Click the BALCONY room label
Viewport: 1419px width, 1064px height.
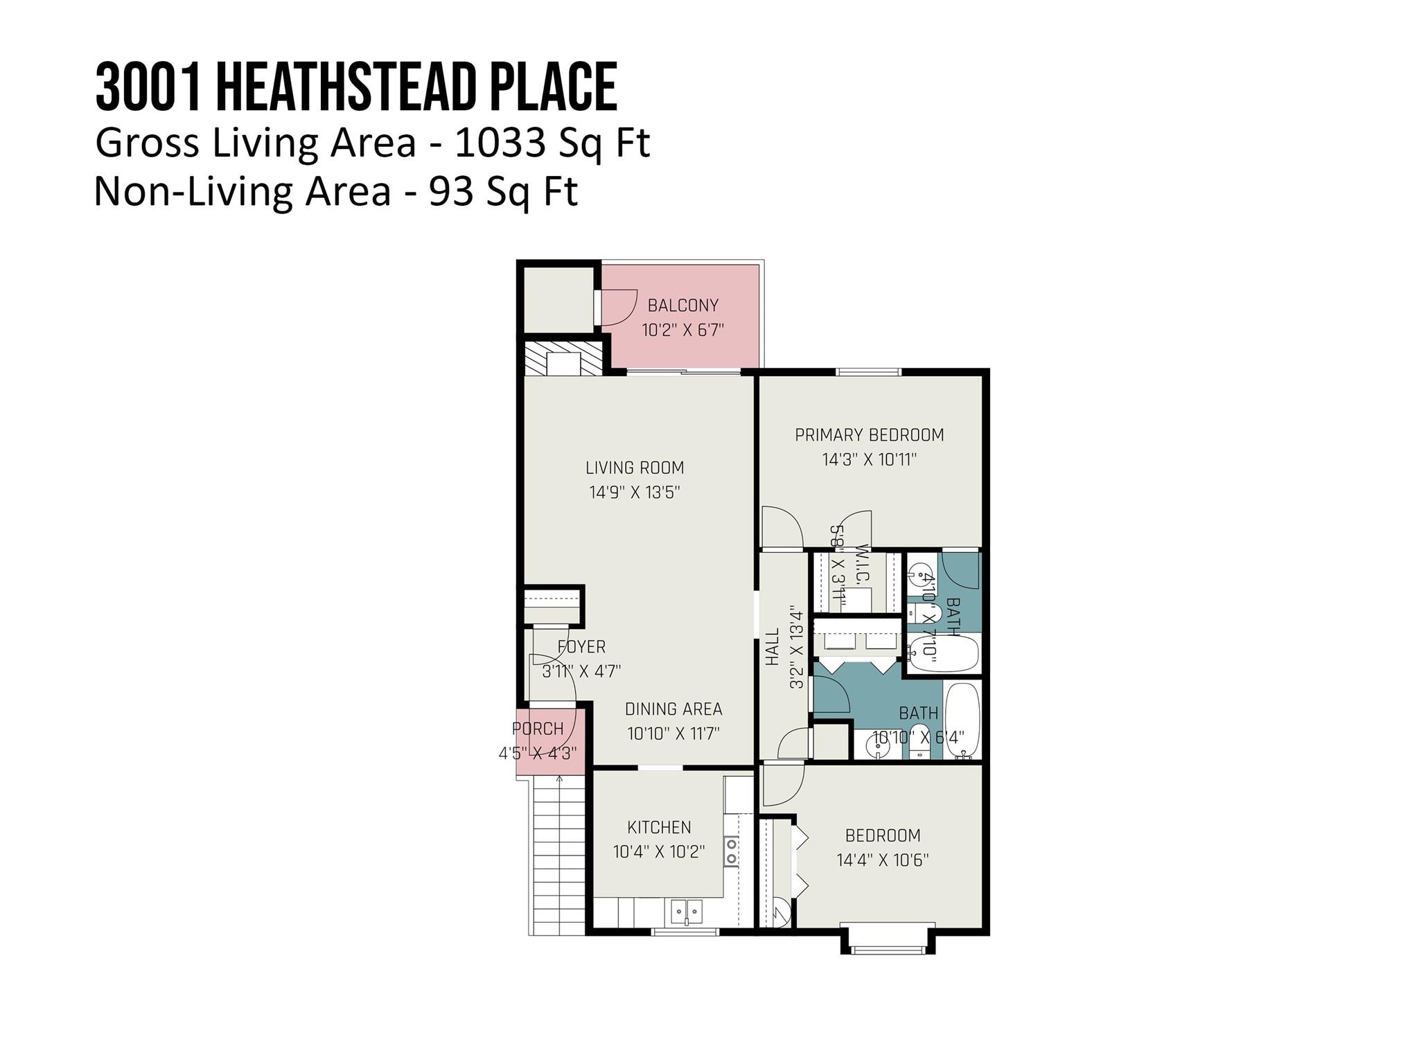click(682, 305)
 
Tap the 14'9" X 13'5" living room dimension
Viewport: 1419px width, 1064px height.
click(635, 493)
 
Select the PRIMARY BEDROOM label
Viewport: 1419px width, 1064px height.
click(869, 435)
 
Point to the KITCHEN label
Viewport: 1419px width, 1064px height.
click(659, 827)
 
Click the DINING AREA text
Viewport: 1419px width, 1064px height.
click(673, 709)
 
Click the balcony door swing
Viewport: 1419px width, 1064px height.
click(618, 307)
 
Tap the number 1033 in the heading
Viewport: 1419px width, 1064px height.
click(497, 143)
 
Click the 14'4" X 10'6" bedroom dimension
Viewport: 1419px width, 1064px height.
click(882, 860)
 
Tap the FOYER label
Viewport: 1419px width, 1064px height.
click(581, 647)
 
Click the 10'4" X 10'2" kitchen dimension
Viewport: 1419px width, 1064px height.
click(659, 852)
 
